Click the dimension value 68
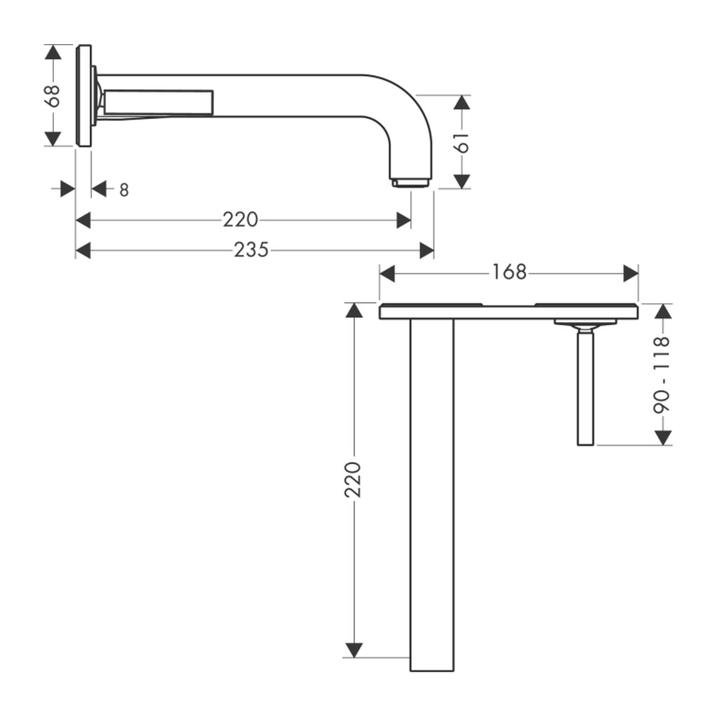[x=53, y=96]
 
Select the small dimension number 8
[x=124, y=190]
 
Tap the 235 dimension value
[x=251, y=250]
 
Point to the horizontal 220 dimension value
[x=241, y=220]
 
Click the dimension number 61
[x=462, y=143]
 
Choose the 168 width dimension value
[x=509, y=272]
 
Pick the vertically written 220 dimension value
[x=353, y=480]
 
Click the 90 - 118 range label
[x=662, y=375]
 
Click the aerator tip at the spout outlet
[x=410, y=183]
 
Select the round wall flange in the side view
[x=84, y=96]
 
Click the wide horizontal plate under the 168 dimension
[x=509, y=312]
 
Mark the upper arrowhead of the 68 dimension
[x=53, y=52]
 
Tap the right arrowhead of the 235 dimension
[x=426, y=251]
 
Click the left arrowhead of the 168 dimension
[x=387, y=274]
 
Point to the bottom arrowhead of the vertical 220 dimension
[x=354, y=650]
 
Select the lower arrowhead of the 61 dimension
[x=462, y=181]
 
